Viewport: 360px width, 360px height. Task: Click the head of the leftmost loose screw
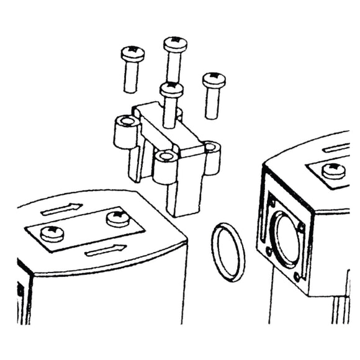tap(132, 54)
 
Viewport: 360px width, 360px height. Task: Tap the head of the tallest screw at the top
tap(175, 44)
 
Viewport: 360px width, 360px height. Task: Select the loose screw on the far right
tap(213, 79)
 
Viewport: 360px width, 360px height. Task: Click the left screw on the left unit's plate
tap(51, 233)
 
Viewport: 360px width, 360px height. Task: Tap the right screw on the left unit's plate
tap(117, 217)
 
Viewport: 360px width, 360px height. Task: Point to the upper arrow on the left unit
tap(62, 209)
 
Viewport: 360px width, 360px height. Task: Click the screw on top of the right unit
tap(333, 169)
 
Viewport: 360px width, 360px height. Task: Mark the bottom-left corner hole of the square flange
tap(269, 251)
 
